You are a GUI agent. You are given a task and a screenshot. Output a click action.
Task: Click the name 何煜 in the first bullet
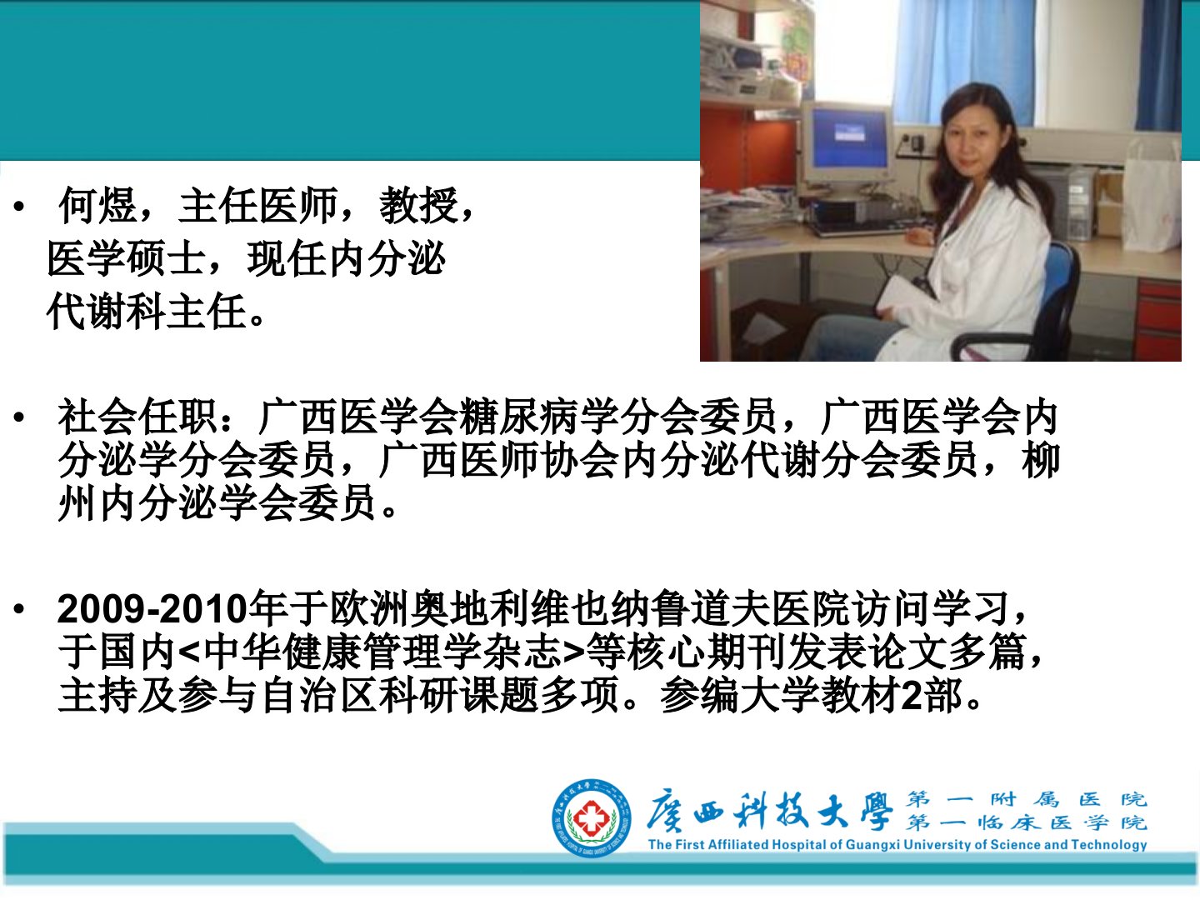coord(97,206)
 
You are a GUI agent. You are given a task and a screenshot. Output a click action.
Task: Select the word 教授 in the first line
coord(419,206)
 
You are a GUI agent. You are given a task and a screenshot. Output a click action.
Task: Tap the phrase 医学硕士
coord(127,258)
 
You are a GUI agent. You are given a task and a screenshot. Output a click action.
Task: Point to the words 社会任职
coord(137,417)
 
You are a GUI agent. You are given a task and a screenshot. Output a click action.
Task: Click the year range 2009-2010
coord(152,608)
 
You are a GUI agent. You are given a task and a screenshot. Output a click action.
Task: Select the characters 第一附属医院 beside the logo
coord(1026,800)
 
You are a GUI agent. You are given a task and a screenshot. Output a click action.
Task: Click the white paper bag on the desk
coord(1151,197)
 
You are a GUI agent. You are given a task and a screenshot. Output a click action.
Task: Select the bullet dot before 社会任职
coord(20,417)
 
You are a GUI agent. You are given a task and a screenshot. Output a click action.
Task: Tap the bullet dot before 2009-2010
coord(20,608)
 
